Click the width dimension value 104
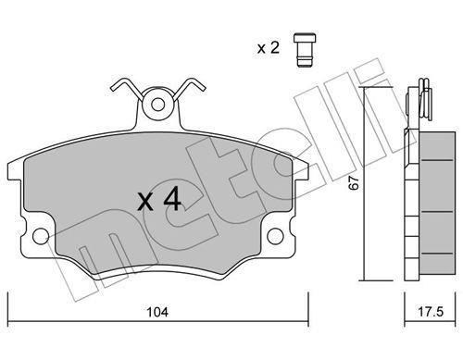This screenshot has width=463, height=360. click(157, 312)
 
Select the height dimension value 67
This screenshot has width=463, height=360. click(355, 183)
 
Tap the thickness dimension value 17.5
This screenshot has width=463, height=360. click(431, 312)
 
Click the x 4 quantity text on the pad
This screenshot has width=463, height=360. click(159, 200)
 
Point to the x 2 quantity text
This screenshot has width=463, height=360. click(269, 48)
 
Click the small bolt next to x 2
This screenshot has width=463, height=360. click(305, 49)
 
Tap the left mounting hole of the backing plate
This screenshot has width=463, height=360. click(41, 236)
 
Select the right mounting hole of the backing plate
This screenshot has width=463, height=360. click(275, 236)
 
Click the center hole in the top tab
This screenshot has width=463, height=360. click(158, 105)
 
